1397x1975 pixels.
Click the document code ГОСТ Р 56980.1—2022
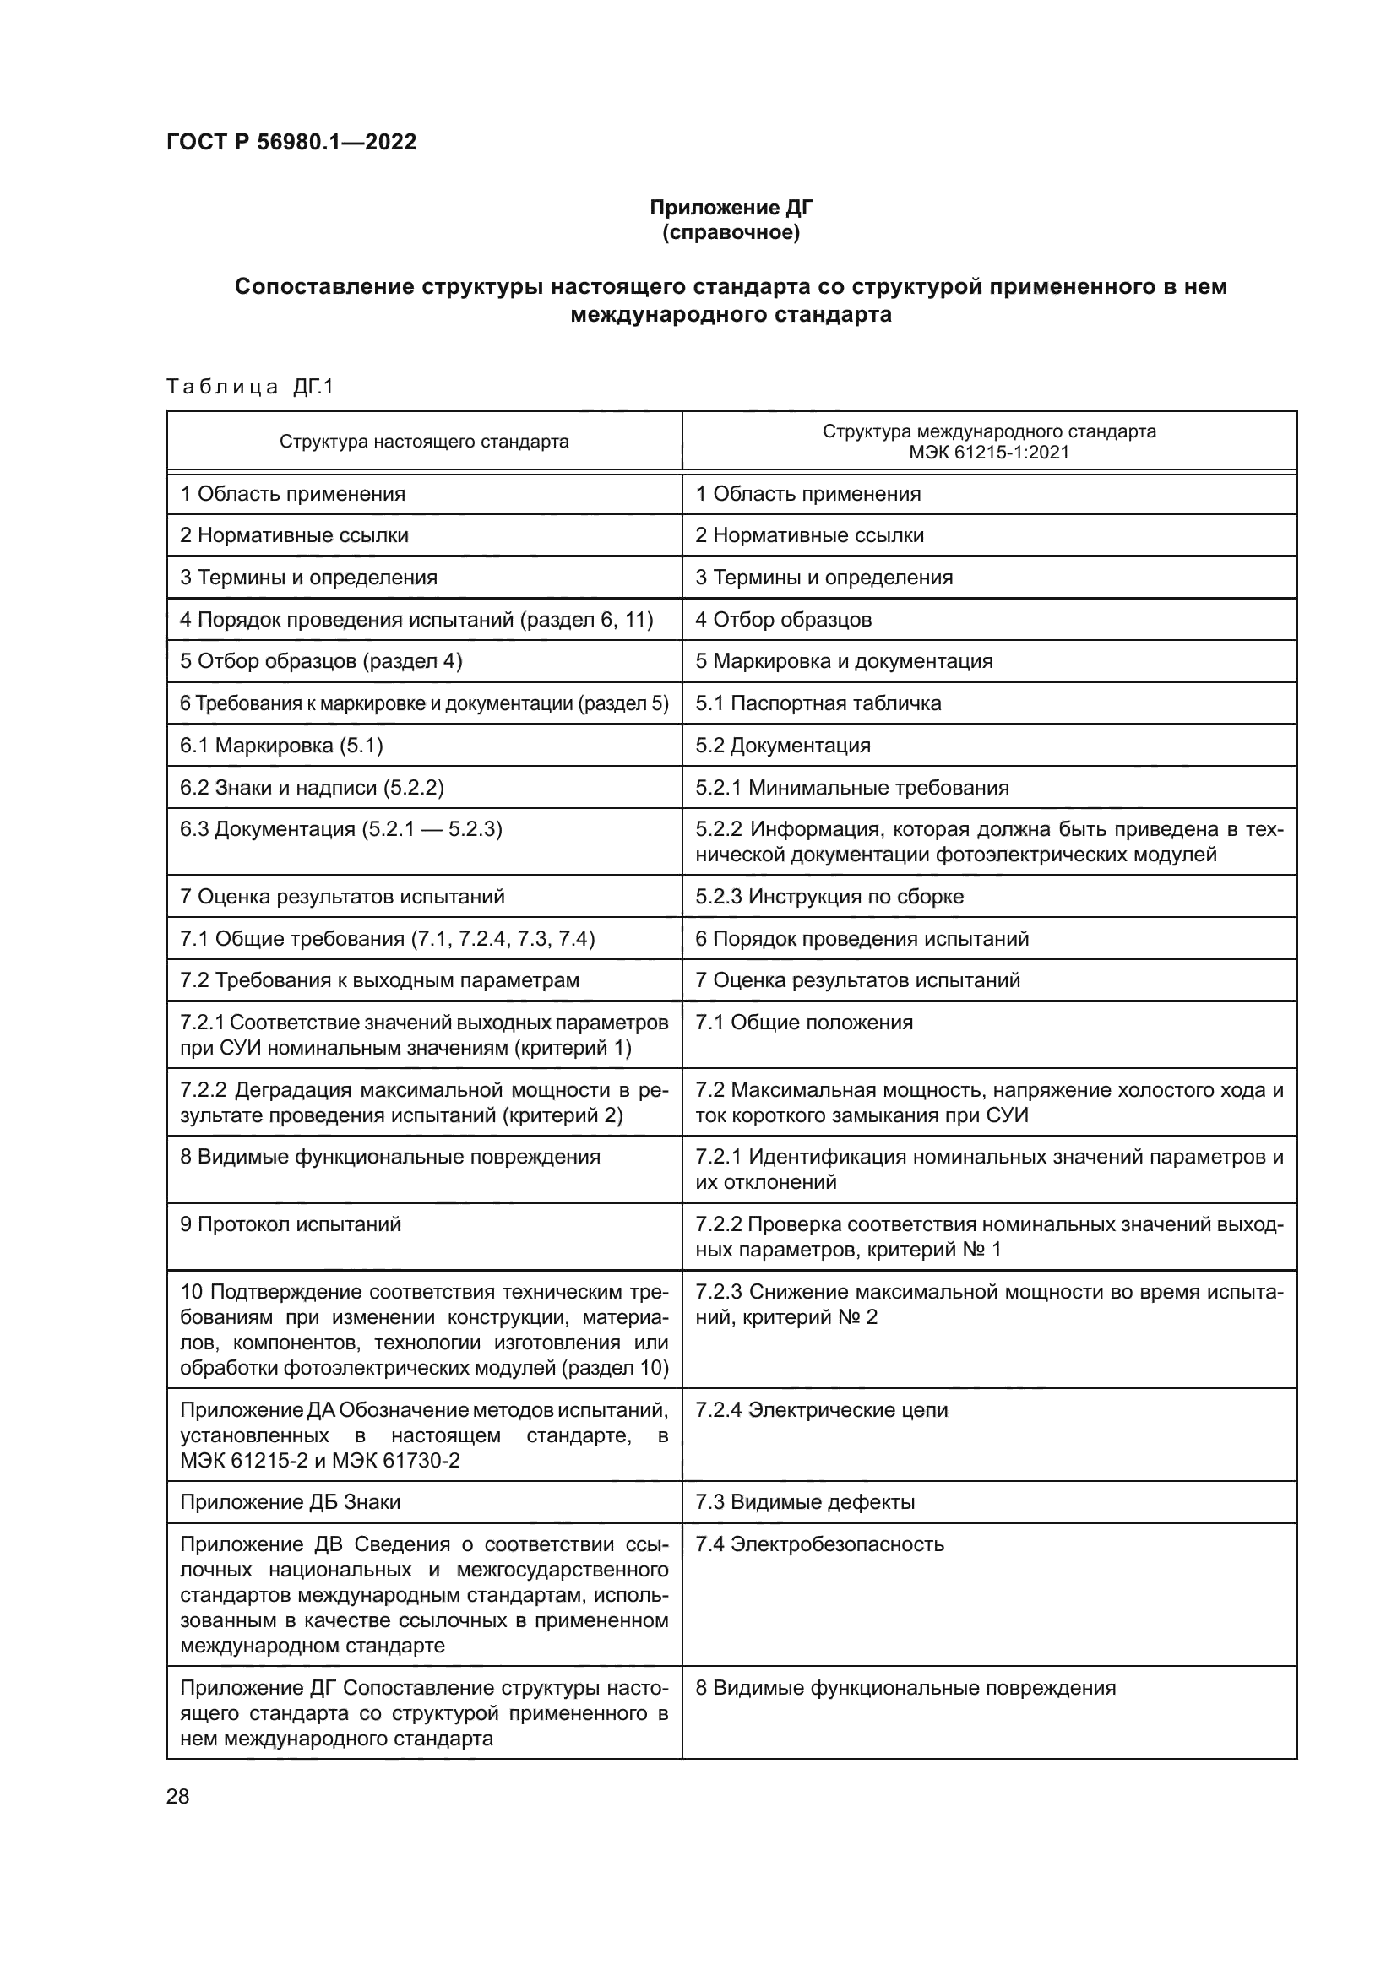click(x=291, y=142)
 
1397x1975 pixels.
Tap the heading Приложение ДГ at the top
click(x=731, y=208)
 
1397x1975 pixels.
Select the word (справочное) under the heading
click(x=731, y=232)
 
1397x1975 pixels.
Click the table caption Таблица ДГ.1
click(x=249, y=387)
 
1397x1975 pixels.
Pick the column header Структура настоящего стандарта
click(x=424, y=442)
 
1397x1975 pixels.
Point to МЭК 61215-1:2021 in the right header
click(x=989, y=453)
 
